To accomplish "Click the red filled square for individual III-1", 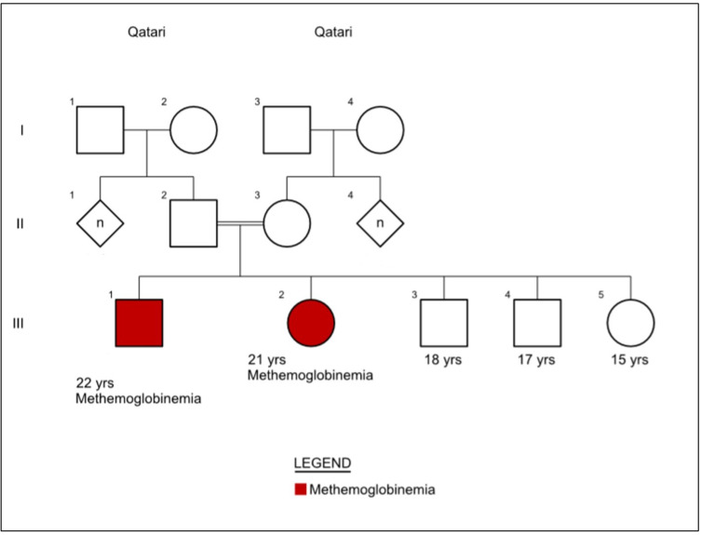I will pos(139,323).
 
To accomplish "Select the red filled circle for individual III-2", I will pos(311,322).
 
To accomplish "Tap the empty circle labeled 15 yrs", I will pos(630,323).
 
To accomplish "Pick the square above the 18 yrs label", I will pos(443,323).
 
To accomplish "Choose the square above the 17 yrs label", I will pos(537,323).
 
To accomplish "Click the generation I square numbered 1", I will pos(100,129).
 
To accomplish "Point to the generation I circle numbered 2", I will pos(193,129).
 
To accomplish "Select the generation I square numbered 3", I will pos(287,129).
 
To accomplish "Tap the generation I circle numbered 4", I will pos(380,129).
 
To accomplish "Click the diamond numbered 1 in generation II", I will pos(100,223).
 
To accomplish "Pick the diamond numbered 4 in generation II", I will pos(381,223).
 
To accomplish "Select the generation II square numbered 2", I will pos(193,223).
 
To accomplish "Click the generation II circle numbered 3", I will pos(287,223).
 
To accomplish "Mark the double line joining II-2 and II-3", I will pos(240,224).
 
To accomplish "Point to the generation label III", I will pos(22,323).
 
